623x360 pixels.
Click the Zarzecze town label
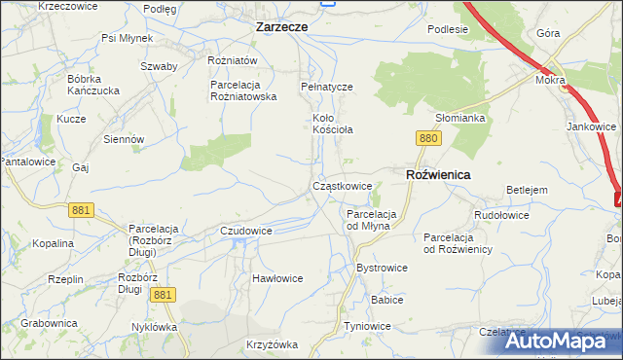[281, 27]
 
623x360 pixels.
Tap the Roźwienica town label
[437, 174]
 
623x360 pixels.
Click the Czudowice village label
[245, 231]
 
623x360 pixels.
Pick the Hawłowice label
[277, 278]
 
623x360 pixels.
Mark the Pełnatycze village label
[326, 87]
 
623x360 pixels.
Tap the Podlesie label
[448, 29]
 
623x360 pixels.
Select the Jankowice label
[592, 126]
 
